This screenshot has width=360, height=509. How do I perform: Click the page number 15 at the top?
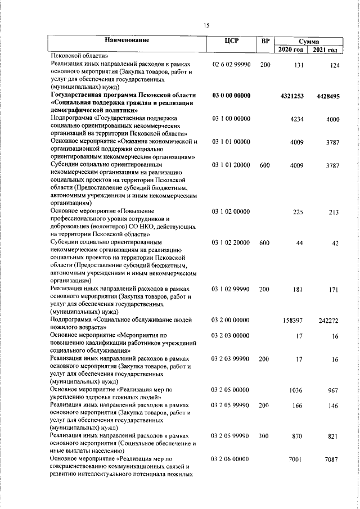tap(206, 25)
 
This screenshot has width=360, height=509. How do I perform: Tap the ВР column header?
tap(265, 41)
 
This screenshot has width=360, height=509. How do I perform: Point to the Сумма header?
tap(309, 42)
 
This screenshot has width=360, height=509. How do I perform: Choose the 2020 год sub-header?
tap(291, 50)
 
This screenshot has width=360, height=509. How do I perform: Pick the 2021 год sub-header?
tap(326, 50)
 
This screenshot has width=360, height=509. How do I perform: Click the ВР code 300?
tap(265, 436)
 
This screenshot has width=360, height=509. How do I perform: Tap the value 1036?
tap(296, 390)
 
